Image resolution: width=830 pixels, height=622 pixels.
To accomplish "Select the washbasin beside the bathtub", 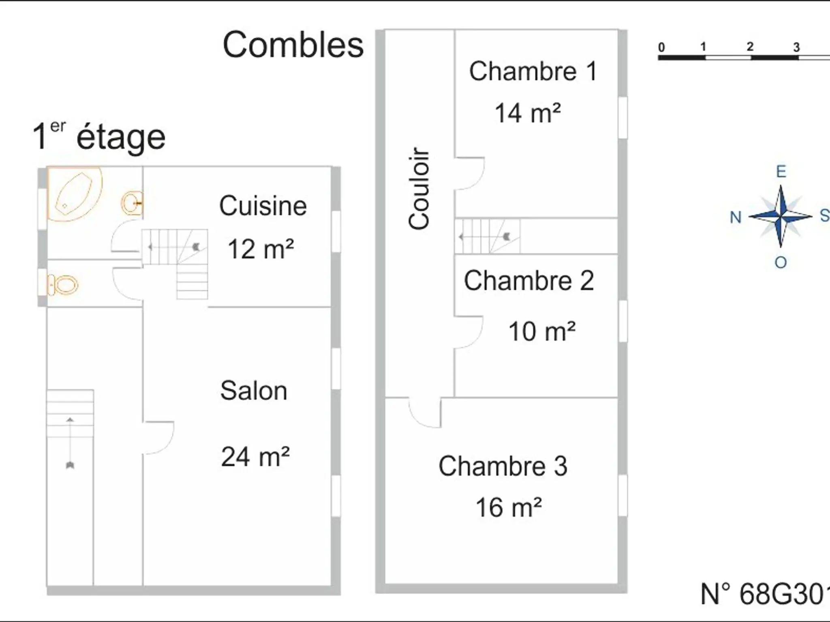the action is [x=132, y=203].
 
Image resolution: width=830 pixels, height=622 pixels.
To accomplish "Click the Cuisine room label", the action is [x=263, y=206].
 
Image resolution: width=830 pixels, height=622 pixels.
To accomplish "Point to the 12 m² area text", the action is [x=261, y=249].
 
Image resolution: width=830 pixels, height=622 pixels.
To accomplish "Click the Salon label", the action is [x=254, y=391].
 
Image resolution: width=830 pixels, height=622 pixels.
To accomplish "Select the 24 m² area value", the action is [x=255, y=457].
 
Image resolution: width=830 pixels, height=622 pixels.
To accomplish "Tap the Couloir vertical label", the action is [x=419, y=188].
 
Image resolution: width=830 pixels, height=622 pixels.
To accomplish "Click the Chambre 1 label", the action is [x=533, y=71].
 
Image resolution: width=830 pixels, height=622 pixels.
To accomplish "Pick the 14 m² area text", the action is [x=528, y=113].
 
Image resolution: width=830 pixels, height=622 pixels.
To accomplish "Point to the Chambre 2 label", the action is [x=529, y=281].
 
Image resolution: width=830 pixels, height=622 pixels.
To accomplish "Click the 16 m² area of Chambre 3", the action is [x=509, y=508].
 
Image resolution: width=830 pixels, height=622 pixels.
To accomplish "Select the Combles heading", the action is [x=293, y=45].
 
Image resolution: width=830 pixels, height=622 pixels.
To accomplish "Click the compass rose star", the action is [x=781, y=216].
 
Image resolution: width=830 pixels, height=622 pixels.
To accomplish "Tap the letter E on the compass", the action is [x=781, y=172].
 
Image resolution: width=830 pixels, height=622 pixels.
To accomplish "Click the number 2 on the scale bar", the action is [x=750, y=47].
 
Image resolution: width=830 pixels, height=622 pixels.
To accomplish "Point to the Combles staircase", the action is [x=488, y=236].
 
